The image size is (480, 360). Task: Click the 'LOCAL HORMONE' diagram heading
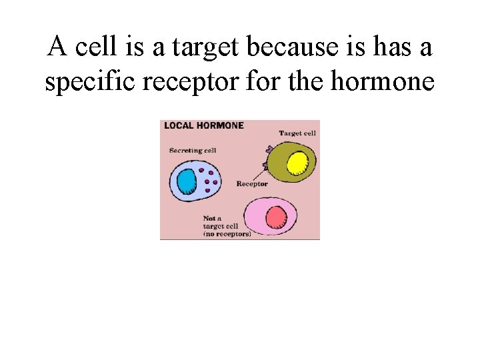204,125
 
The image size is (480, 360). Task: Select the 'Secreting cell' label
193,151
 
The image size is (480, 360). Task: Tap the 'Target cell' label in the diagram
297,133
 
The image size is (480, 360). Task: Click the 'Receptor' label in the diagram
252,184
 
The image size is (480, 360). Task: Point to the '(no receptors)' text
227,235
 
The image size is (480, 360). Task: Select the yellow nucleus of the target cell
297,163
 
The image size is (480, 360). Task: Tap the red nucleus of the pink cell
275,217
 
